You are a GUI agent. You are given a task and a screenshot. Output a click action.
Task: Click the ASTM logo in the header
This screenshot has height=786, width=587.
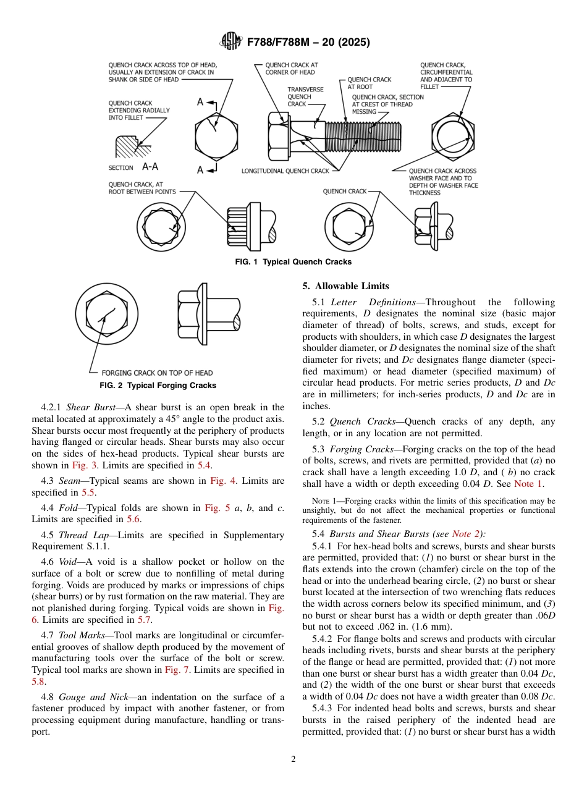pos(231,42)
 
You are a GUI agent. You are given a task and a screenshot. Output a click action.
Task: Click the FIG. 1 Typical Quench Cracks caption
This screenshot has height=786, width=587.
pos(293,262)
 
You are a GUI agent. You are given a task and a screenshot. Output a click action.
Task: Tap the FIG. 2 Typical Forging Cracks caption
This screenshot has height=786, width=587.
pos(158,386)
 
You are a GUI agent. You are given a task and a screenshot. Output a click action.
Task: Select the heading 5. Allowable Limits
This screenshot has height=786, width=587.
pos(346,286)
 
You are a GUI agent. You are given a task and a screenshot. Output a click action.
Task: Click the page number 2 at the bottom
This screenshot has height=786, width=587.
pos(293,759)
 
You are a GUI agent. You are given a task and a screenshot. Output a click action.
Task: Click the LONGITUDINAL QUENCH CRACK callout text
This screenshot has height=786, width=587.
pos(285,171)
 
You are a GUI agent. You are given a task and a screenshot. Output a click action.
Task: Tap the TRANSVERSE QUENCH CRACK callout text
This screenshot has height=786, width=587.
pos(305,97)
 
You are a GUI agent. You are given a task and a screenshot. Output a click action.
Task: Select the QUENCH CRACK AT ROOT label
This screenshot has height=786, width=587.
pos(369,83)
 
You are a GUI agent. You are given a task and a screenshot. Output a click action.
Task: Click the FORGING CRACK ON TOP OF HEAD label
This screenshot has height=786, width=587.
pos(157,373)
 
